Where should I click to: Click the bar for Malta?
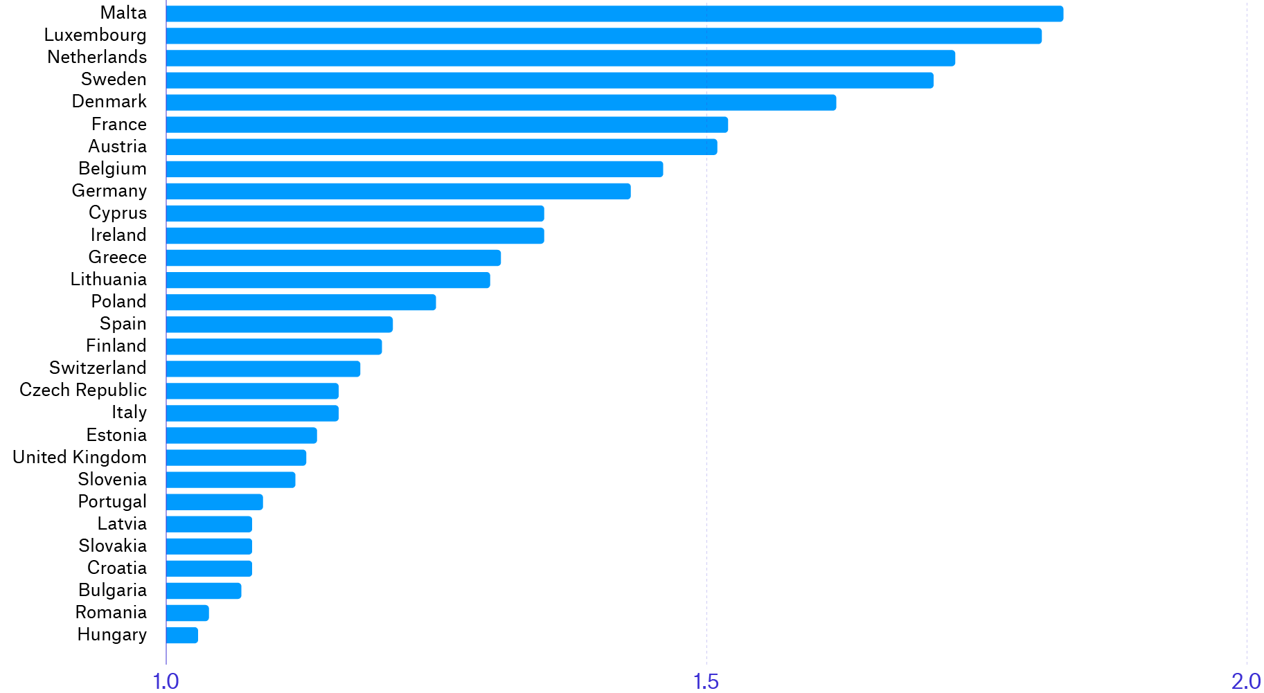pyautogui.click(x=614, y=14)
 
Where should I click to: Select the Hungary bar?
pyautogui.click(x=182, y=636)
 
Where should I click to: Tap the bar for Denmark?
pyautogui.click(x=501, y=102)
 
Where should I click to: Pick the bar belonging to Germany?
pyautogui.click(x=398, y=191)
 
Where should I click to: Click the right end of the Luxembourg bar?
pyautogui.click(x=1040, y=36)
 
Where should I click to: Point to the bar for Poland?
pyautogui.click(x=301, y=303)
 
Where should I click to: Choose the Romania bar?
pyautogui.click(x=188, y=613)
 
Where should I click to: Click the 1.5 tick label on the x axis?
pyautogui.click(x=706, y=682)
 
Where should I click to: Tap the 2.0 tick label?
pyautogui.click(x=1245, y=682)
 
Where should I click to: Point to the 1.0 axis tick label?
pyautogui.click(x=166, y=682)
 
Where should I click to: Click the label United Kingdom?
pyautogui.click(x=80, y=458)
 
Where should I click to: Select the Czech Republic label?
pyautogui.click(x=83, y=390)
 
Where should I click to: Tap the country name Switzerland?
pyautogui.click(x=98, y=368)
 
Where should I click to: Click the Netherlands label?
pyautogui.click(x=97, y=57)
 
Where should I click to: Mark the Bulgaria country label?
pyautogui.click(x=112, y=591)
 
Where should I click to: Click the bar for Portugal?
pyautogui.click(x=215, y=502)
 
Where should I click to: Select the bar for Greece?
pyautogui.click(x=333, y=258)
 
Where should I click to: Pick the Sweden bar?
pyautogui.click(x=549, y=80)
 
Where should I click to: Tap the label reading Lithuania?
pyautogui.click(x=108, y=280)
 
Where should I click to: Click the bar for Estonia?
pyautogui.click(x=241, y=435)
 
